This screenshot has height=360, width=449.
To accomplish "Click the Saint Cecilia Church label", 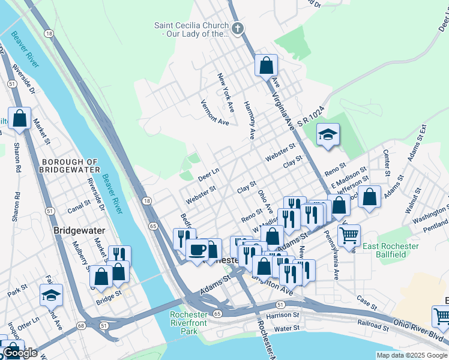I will coord(191,30).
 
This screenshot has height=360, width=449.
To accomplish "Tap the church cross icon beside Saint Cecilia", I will coord(238,28).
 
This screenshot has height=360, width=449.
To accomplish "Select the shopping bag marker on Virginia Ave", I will coord(265,65).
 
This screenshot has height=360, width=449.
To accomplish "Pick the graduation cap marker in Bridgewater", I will coord(52,294).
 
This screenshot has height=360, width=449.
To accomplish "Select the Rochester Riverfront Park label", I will coord(188,323).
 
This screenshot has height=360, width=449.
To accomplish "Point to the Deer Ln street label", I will coord(208,172).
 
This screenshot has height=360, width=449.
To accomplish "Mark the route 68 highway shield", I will coord(79,325).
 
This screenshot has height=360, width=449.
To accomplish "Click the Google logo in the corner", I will coord(20,353).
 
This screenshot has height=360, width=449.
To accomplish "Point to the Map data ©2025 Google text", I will coord(411,355).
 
